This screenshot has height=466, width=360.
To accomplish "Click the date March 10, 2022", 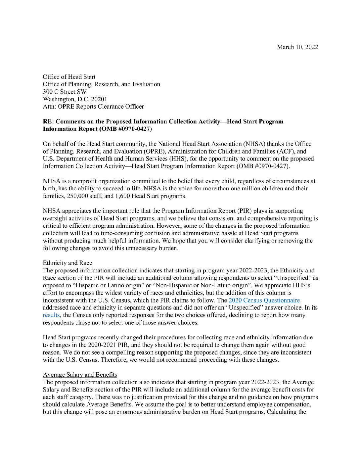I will [x=297, y=47].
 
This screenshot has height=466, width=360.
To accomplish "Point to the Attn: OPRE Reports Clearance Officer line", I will [x=93, y=106].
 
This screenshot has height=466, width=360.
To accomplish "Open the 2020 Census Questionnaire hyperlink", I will [x=264, y=301].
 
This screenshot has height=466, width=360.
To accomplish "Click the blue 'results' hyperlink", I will [x=51, y=315].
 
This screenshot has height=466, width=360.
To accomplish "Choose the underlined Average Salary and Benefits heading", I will [x=80, y=375].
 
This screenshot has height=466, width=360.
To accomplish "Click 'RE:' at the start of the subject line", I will [x=48, y=121].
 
